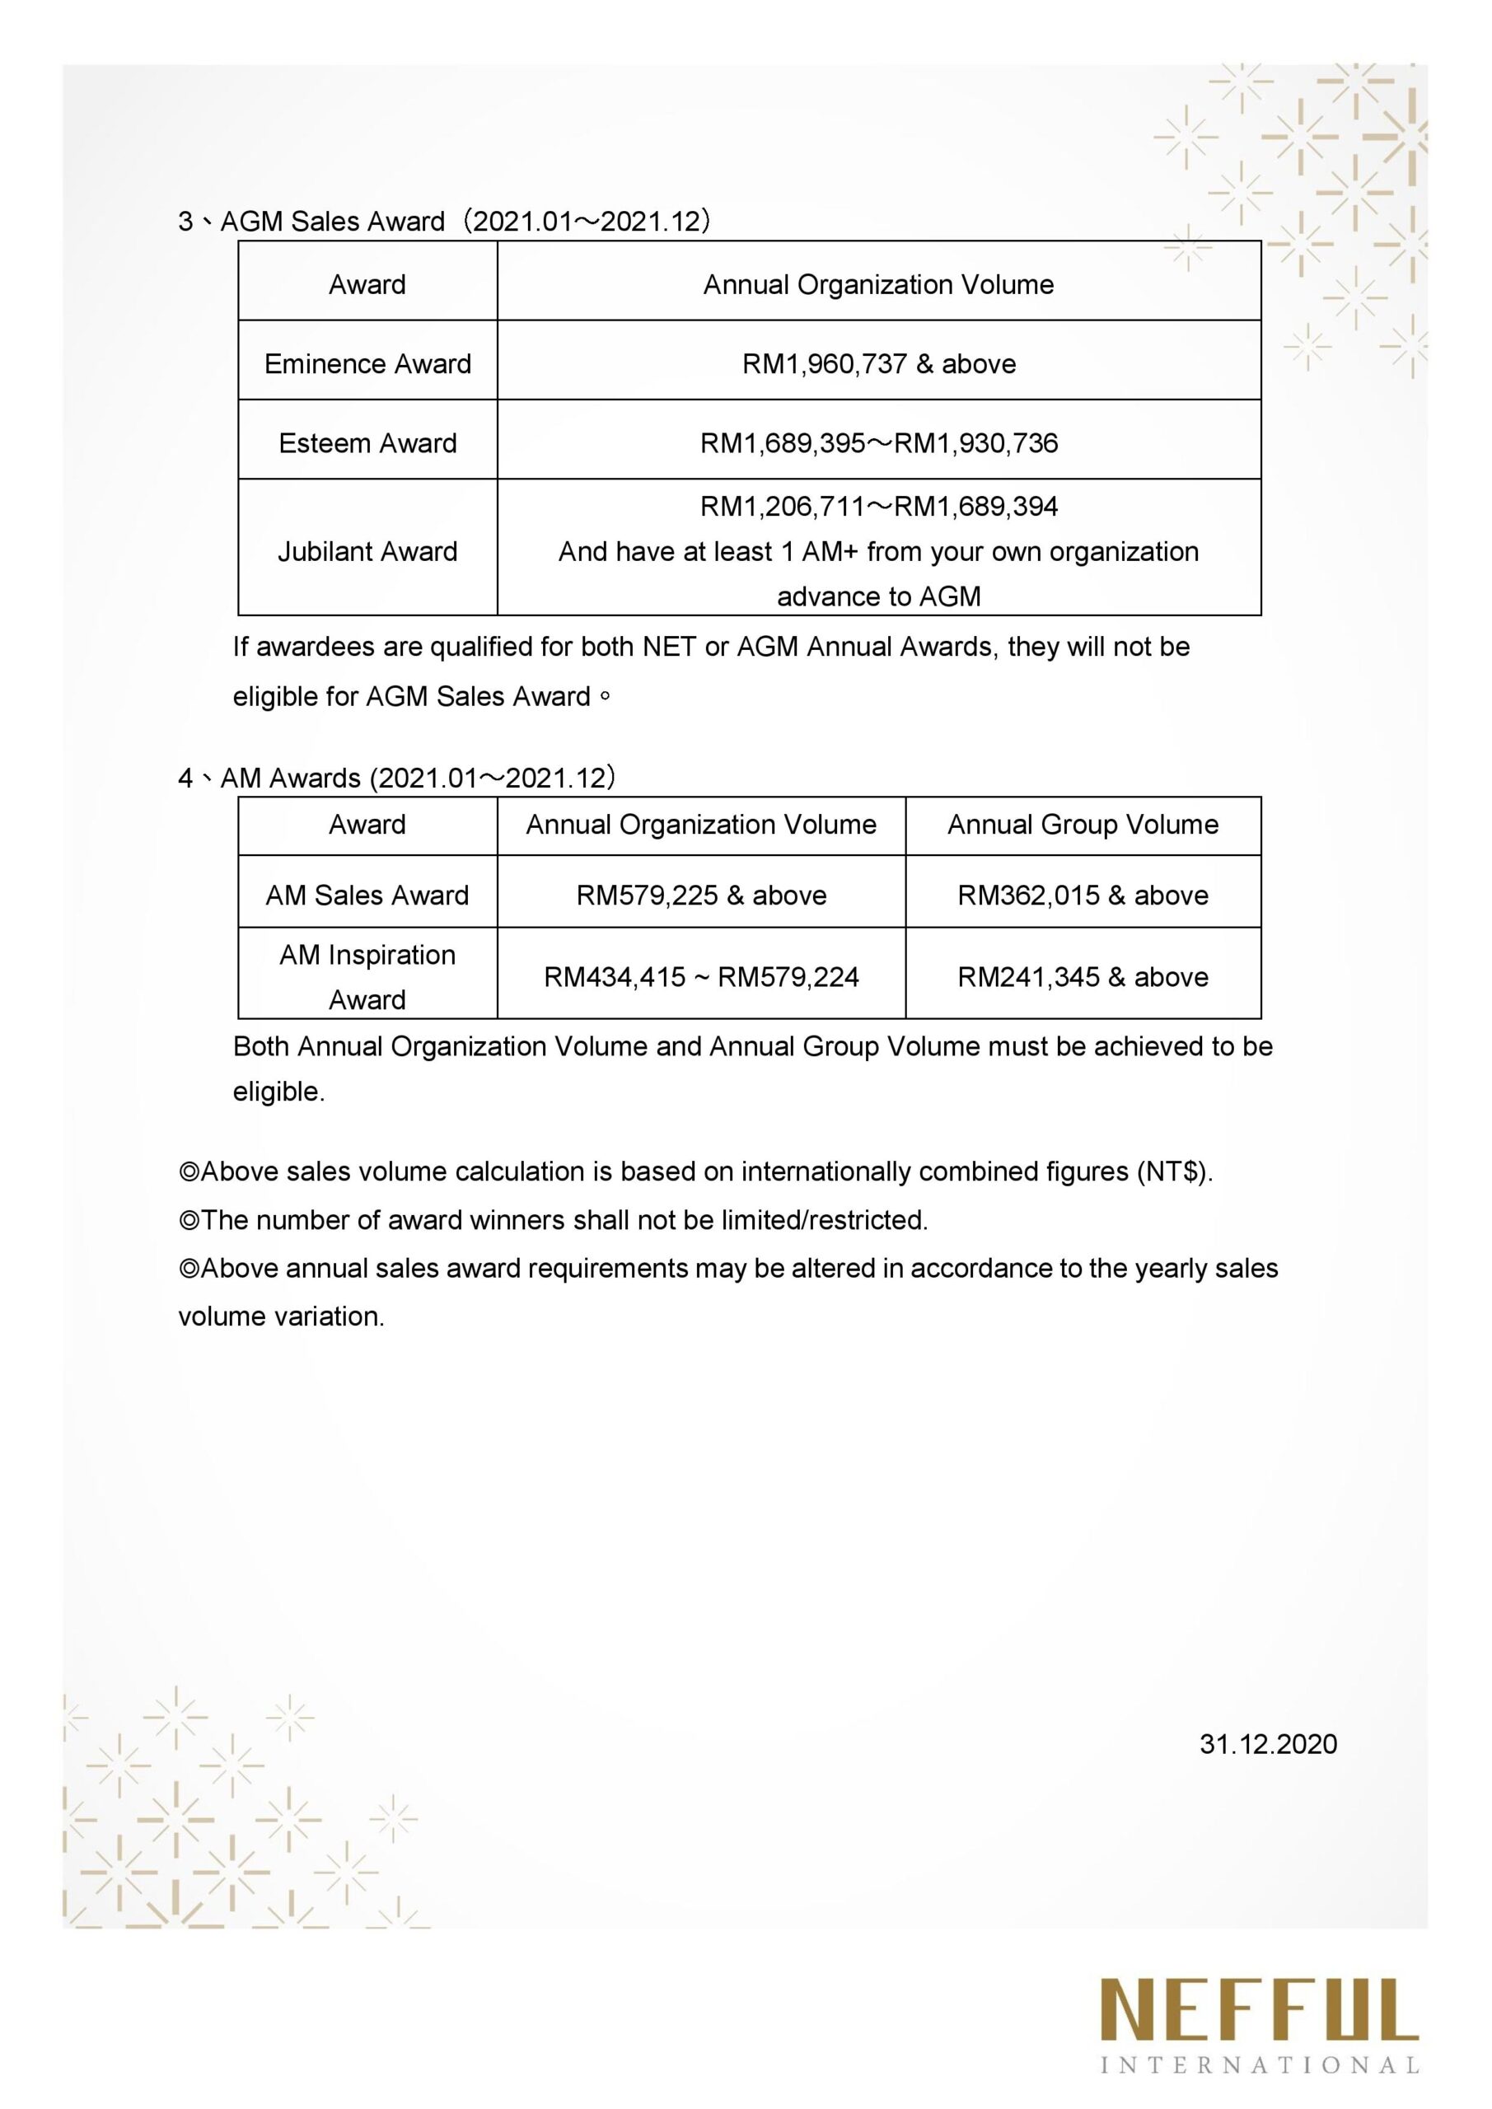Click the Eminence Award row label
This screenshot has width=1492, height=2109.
367,364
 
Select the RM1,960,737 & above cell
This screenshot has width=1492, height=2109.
878,364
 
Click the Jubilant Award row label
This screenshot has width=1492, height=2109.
367,551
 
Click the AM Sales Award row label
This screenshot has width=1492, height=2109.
367,895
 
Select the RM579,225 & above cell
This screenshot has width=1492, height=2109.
701,895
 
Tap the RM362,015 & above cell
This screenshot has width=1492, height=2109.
1083,895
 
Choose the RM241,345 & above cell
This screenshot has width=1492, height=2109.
1083,976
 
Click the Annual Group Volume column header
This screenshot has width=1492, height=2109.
1083,824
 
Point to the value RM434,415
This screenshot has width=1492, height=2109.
614,976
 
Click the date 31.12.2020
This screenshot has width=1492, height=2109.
1268,1744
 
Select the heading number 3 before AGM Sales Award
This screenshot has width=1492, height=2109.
185,222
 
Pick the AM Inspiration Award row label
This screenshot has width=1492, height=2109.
367,976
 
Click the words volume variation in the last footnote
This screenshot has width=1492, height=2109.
281,1316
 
